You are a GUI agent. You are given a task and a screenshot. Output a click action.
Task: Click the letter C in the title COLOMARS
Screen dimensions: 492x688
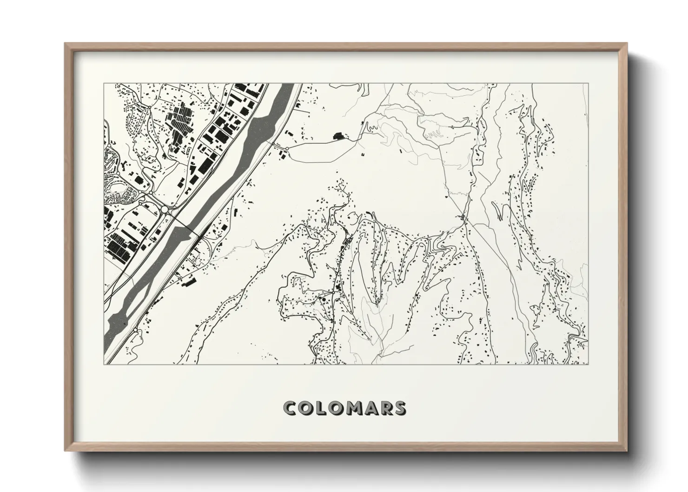click(x=291, y=408)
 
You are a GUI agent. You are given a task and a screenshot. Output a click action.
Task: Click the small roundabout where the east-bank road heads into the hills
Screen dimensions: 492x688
click(x=287, y=148)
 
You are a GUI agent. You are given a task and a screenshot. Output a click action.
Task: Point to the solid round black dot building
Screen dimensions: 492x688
click(x=323, y=301)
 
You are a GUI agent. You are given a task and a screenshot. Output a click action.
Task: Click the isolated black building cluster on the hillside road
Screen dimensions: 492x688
click(x=339, y=136)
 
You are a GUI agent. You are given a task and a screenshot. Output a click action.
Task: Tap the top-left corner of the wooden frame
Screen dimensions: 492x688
click(x=66, y=44)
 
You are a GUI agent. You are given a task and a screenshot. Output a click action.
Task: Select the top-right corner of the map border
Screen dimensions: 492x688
click(x=588, y=84)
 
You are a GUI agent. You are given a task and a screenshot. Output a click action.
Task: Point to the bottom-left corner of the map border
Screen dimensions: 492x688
click(x=104, y=364)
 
